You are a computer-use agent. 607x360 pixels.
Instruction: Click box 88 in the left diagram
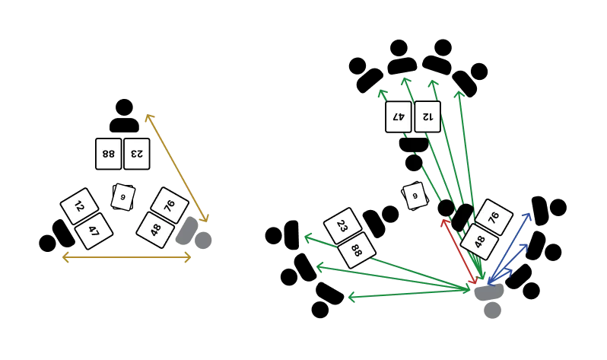point(109,154)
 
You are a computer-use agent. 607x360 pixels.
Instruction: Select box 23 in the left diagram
point(137,154)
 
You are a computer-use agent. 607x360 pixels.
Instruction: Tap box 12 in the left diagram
point(80,206)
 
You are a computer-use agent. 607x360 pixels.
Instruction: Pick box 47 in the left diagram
point(94,231)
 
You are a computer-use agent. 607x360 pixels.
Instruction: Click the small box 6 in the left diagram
point(122,197)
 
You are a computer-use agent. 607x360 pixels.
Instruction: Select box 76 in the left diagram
point(170,205)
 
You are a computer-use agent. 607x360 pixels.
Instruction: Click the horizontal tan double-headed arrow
point(127,258)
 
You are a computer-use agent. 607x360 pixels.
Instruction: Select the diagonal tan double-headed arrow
point(177,168)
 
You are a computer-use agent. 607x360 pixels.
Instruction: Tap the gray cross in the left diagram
point(195,235)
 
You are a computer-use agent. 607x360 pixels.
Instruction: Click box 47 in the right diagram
point(399,116)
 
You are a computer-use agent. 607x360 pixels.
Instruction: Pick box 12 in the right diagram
point(427,116)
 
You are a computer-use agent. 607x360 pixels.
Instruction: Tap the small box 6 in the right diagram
point(415,196)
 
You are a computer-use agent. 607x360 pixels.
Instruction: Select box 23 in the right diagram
point(342,226)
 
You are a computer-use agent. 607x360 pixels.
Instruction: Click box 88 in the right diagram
point(357,250)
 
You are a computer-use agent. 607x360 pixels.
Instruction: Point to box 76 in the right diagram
point(494,218)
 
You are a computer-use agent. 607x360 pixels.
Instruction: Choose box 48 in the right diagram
point(479,241)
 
